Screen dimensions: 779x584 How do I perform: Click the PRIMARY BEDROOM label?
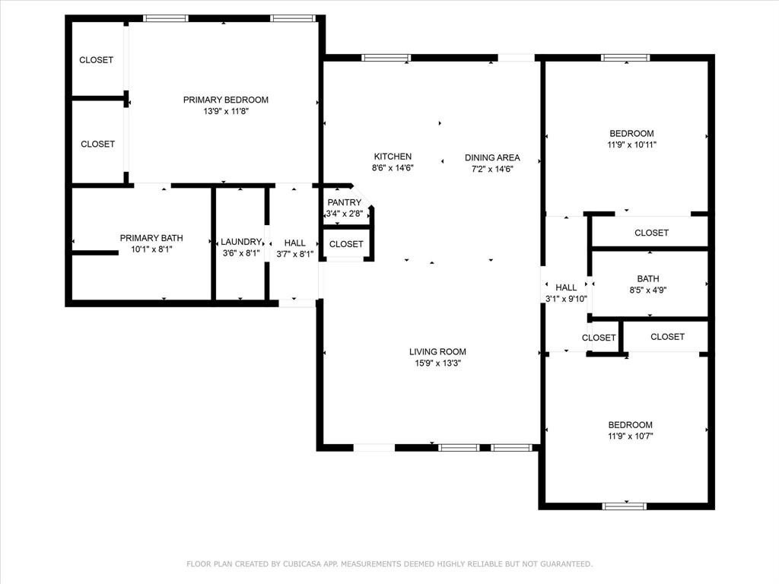coord(225,100)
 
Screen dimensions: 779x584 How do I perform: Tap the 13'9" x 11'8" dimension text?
coord(225,111)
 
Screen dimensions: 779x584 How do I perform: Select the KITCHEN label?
coord(393,157)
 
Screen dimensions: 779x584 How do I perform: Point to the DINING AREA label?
coord(492,157)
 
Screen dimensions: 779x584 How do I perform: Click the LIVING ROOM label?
coord(437,351)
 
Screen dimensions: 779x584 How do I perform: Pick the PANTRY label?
coord(345,202)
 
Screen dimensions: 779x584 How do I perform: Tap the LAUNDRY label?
coord(241,242)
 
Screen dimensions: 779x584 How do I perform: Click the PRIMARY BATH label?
coord(151,238)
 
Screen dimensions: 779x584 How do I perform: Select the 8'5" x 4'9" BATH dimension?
coord(648,290)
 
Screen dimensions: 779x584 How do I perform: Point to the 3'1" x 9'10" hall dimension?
coord(566,299)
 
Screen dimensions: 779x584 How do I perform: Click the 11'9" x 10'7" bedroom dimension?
coord(631,436)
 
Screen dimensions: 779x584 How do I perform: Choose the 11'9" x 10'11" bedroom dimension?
coord(632,144)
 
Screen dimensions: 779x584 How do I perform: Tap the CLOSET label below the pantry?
coord(346,244)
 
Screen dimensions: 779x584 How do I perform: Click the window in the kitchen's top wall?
coord(386,58)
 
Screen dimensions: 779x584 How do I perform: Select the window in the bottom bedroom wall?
coord(625,506)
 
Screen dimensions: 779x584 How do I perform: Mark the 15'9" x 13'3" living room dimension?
coord(437,363)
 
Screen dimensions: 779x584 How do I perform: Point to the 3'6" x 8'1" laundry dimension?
coord(241,253)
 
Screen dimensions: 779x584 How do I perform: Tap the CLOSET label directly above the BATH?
coord(651,233)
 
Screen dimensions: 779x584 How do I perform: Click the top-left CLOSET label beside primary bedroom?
coord(97,60)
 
